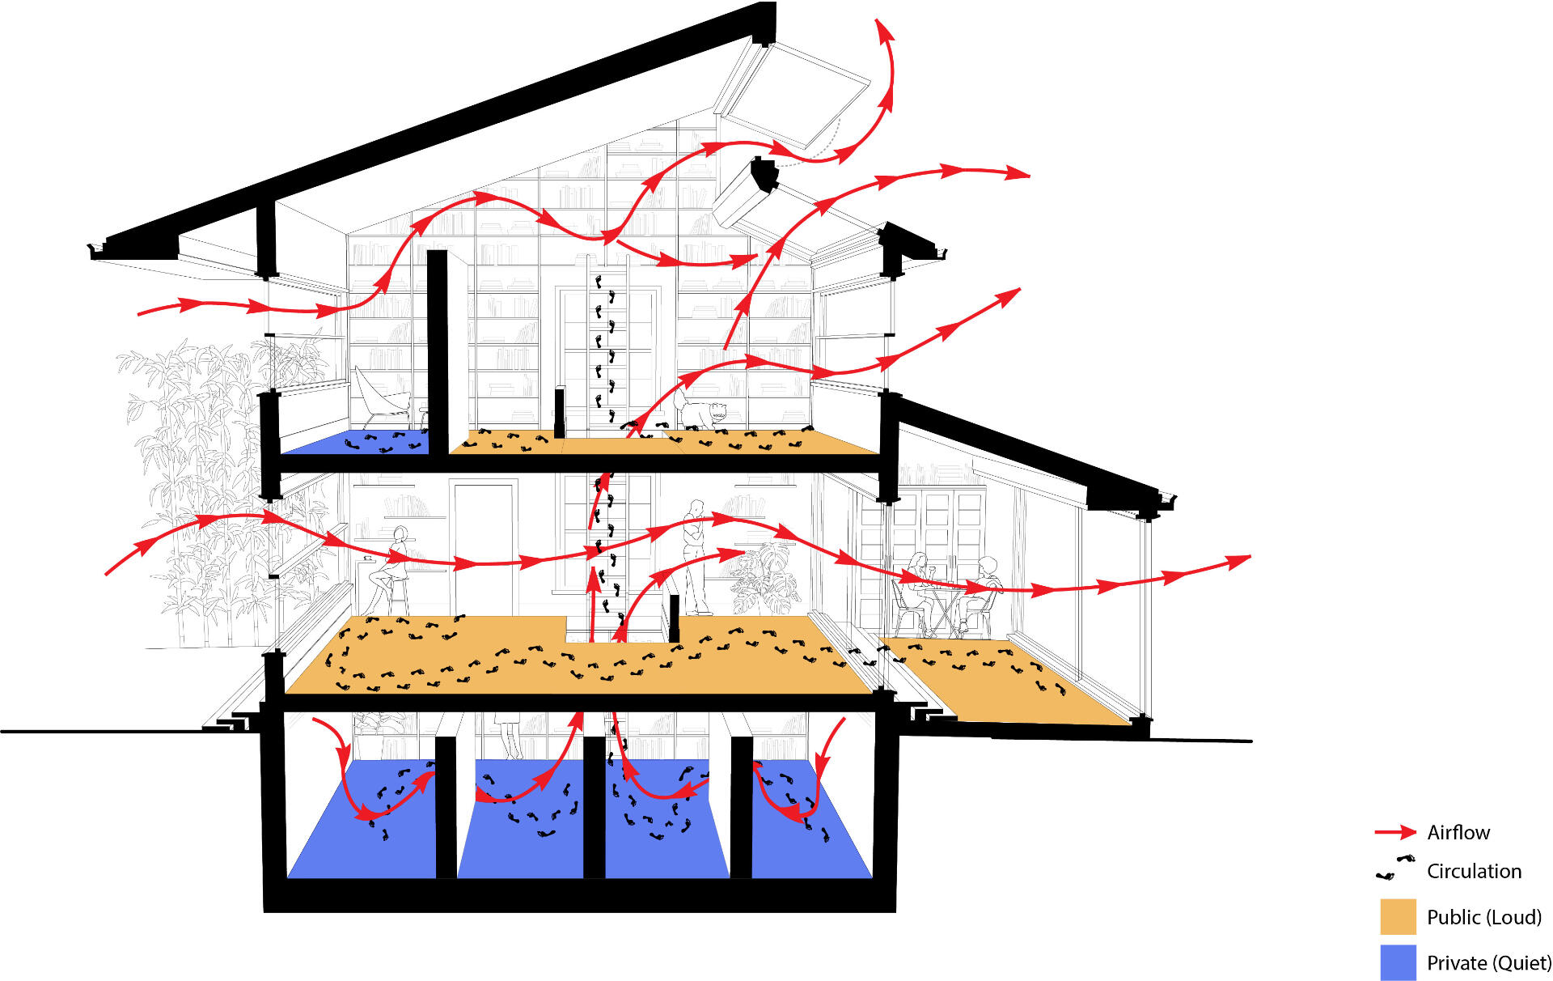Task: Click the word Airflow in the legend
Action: point(1458,832)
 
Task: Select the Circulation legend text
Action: point(1474,871)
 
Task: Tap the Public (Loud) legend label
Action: point(1483,917)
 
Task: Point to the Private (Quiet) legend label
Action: point(1488,963)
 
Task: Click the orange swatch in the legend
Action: point(1398,916)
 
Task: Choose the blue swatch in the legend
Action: point(1398,962)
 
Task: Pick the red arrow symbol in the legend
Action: point(1394,832)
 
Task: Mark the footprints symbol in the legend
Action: point(1394,868)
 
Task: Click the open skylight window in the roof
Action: point(793,89)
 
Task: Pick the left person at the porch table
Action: point(916,587)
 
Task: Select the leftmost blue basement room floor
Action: point(364,842)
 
